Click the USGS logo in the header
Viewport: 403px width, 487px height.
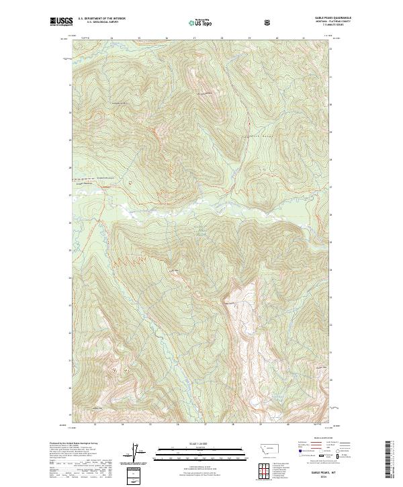pos(61,22)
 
